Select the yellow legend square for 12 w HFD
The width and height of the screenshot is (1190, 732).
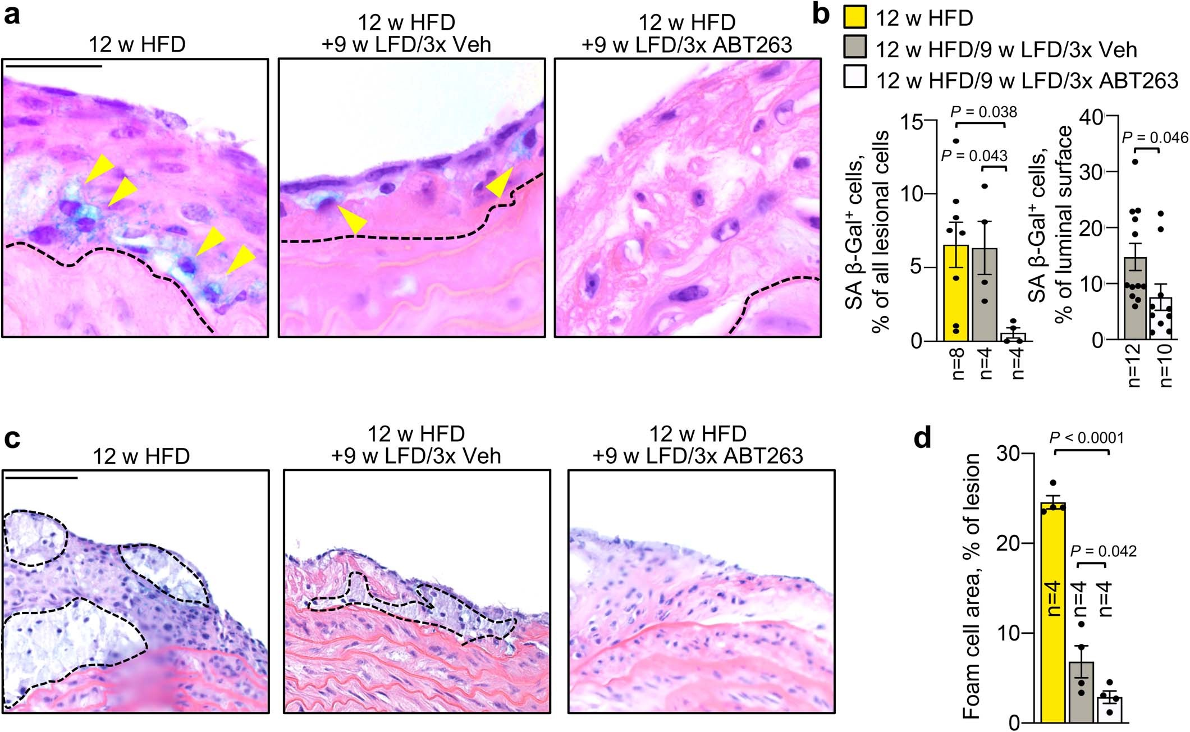click(x=855, y=16)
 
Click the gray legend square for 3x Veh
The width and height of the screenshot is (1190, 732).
click(x=855, y=48)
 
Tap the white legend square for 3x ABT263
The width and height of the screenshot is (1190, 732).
click(x=855, y=77)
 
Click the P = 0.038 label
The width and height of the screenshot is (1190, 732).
click(x=983, y=112)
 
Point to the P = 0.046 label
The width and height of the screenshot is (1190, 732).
click(x=1155, y=138)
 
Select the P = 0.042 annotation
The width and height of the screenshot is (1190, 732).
click(x=1104, y=551)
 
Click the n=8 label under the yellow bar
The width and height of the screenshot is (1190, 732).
click(x=958, y=364)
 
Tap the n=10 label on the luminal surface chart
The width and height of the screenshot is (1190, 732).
click(x=1165, y=368)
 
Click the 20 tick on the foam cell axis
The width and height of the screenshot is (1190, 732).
click(x=1008, y=544)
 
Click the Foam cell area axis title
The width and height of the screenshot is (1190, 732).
click(x=972, y=587)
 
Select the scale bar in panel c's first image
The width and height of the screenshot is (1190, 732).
click(x=40, y=478)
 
